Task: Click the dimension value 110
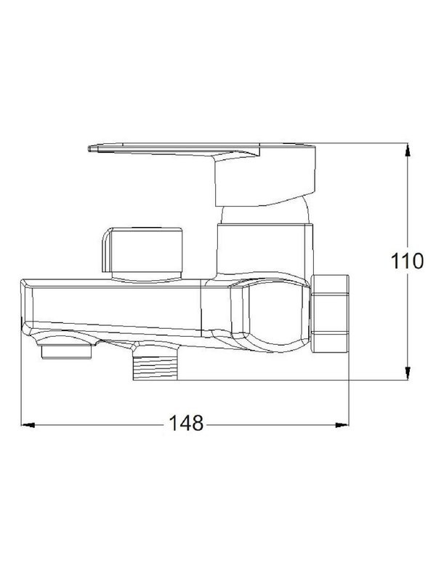coord(407,260)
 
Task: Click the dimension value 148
coord(186,423)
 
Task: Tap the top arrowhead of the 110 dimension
coord(408,150)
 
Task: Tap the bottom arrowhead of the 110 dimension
coord(408,373)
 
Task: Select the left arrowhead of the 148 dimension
coord(28,425)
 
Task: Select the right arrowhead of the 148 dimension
coord(342,425)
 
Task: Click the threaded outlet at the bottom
coord(156,367)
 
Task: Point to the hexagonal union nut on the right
coord(330,314)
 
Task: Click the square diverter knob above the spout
coord(142,250)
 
